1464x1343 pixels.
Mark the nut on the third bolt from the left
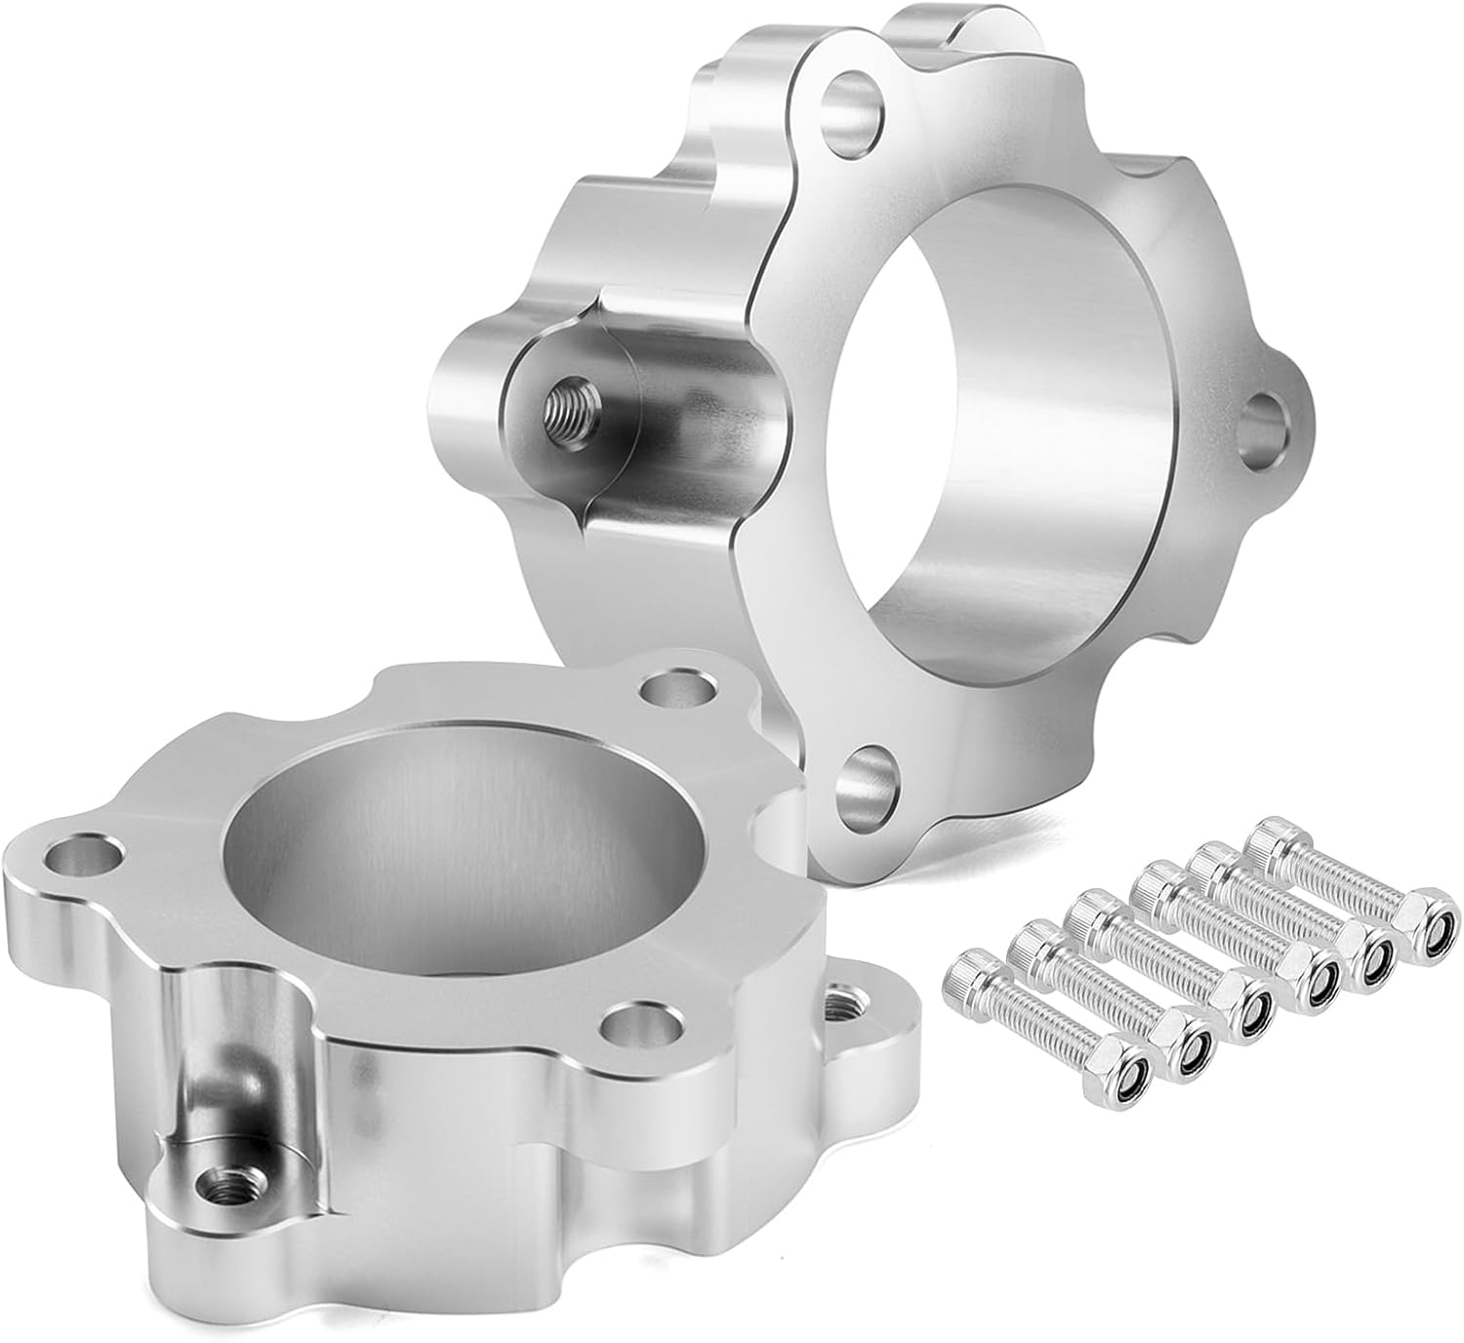click(1250, 1015)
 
